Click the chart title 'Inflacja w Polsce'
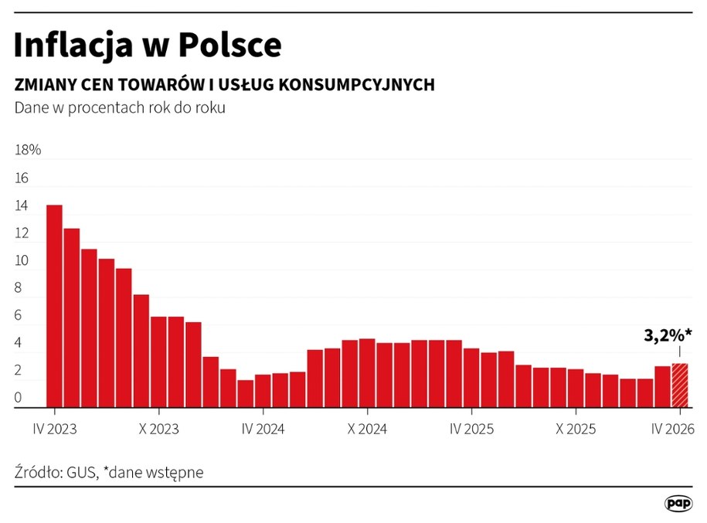pyautogui.click(x=147, y=46)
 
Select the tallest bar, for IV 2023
pyautogui.click(x=54, y=306)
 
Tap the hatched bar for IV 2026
pyautogui.click(x=679, y=385)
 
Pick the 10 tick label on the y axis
pyautogui.click(x=22, y=261)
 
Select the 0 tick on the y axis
pyautogui.click(x=19, y=399)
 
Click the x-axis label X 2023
pyautogui.click(x=159, y=430)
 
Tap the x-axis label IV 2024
pyautogui.click(x=263, y=430)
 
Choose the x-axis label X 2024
pyautogui.click(x=367, y=430)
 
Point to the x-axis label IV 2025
pyautogui.click(x=471, y=430)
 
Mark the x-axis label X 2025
pyautogui.click(x=576, y=430)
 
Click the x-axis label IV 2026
pyautogui.click(x=673, y=430)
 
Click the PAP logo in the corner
pyautogui.click(x=678, y=503)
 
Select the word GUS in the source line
pyautogui.click(x=80, y=472)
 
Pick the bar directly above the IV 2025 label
pyautogui.click(x=471, y=377)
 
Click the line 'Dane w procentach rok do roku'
pyautogui.click(x=120, y=107)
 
